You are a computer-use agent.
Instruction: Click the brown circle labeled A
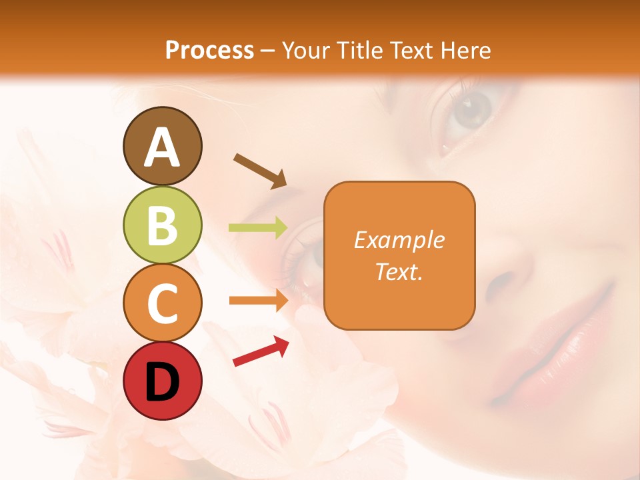coord(162,147)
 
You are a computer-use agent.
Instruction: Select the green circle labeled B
coord(162,225)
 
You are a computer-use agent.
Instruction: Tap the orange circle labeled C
coord(162,303)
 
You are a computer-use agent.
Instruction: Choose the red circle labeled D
coord(162,381)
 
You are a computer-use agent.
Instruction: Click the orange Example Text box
coord(399,255)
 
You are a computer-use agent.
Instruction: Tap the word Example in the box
coord(399,240)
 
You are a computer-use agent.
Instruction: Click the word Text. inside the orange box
coord(399,271)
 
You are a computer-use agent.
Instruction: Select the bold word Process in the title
coord(209,50)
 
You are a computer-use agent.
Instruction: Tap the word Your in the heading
coord(305,50)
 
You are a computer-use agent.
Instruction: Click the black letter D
coord(162,381)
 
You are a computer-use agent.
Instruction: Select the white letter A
coord(162,147)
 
